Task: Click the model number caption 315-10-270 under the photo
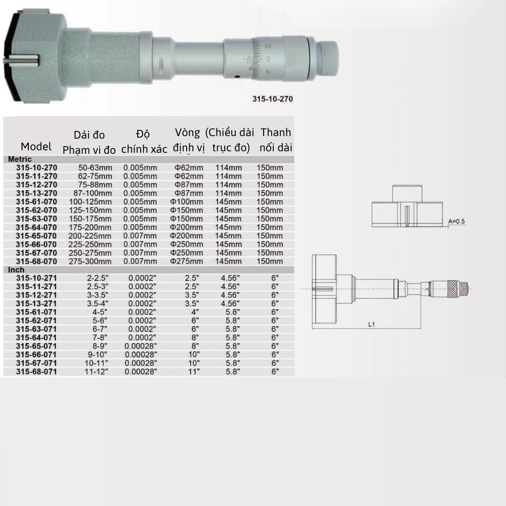[x=272, y=100]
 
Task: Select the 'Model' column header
[x=36, y=147]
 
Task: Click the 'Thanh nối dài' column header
[x=276, y=140]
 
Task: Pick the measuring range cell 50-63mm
[x=95, y=167]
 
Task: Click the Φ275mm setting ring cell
[x=187, y=261]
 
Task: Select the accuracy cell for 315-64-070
[x=140, y=227]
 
